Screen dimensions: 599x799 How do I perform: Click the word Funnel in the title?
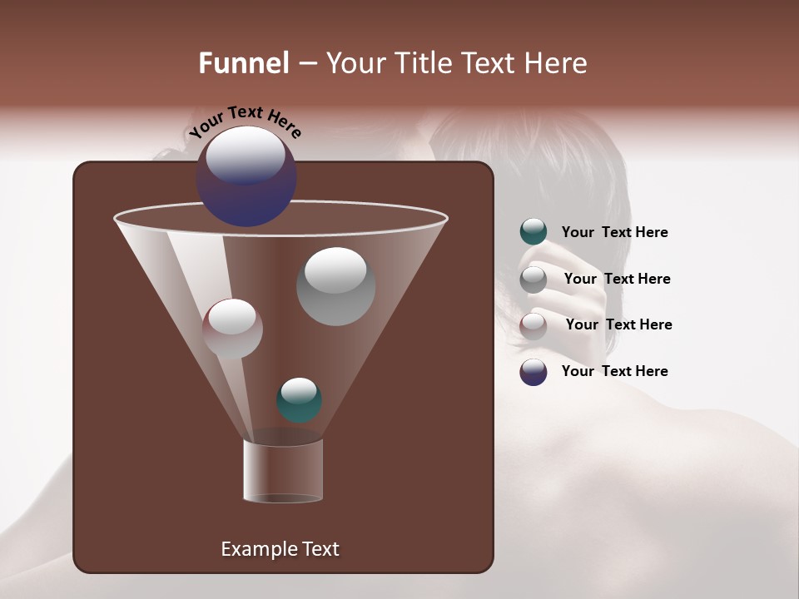(x=243, y=63)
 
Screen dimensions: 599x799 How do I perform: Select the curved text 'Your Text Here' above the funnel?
(x=245, y=121)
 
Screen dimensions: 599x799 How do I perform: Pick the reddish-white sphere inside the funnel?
(x=232, y=330)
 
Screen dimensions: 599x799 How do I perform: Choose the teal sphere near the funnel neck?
(x=299, y=401)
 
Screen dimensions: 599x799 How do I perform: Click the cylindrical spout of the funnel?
(x=283, y=471)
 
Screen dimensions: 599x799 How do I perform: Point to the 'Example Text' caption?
(x=280, y=549)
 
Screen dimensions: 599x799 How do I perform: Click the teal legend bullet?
(x=533, y=232)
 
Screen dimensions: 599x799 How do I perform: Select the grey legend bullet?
(x=533, y=280)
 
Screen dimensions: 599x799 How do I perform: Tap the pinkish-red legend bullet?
(x=533, y=325)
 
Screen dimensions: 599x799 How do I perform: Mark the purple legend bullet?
(x=533, y=372)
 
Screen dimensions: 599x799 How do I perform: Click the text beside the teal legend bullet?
(x=614, y=233)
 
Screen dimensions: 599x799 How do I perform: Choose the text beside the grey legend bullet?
(x=617, y=280)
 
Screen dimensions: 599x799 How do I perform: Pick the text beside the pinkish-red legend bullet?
(x=618, y=325)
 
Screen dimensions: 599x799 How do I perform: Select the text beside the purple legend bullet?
(x=614, y=372)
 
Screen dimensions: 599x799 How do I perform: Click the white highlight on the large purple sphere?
(x=245, y=154)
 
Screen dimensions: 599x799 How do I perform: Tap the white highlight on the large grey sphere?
(x=335, y=269)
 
